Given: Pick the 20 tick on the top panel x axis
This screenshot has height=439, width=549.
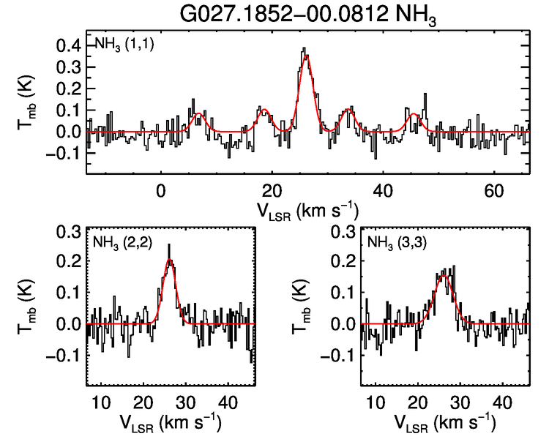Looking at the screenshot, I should click(272, 189).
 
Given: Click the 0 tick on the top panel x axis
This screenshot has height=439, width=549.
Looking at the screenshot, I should click(161, 189).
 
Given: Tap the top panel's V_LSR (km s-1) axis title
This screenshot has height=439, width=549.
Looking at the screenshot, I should click(307, 210).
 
